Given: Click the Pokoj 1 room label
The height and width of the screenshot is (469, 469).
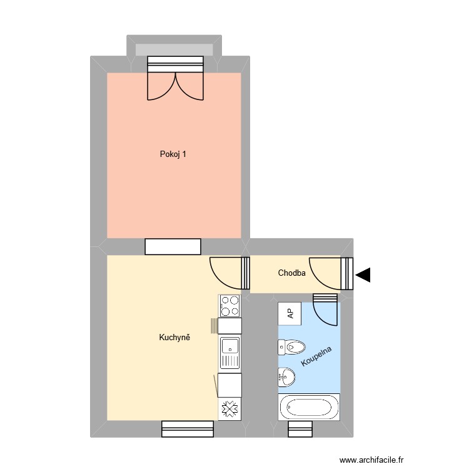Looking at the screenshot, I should (173, 153).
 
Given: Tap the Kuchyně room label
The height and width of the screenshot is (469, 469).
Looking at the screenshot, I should (174, 338).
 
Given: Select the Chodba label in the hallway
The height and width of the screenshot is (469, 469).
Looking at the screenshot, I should (291, 273).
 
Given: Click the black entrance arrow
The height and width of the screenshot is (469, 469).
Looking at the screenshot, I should (363, 275).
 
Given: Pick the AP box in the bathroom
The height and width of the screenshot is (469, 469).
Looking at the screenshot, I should (290, 313).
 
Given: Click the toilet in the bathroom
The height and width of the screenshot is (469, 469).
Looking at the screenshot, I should (291, 346).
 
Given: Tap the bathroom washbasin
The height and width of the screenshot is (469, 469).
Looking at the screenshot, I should (287, 376).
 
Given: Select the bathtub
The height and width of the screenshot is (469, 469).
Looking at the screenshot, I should (309, 407).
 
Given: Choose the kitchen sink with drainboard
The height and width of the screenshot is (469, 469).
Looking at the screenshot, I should (230, 353).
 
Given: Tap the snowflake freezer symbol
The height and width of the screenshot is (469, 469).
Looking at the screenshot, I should (229, 410).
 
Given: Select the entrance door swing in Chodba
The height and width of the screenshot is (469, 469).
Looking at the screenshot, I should (326, 273).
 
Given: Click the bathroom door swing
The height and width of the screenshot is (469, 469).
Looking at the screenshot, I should (325, 311).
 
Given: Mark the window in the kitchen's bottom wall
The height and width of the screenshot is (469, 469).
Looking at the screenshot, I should (188, 429).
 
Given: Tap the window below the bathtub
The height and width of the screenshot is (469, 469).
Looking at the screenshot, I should (300, 429).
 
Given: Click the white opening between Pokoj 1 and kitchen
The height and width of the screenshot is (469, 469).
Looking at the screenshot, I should (173, 246).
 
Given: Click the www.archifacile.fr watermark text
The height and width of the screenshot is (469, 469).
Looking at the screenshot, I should (372, 460).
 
